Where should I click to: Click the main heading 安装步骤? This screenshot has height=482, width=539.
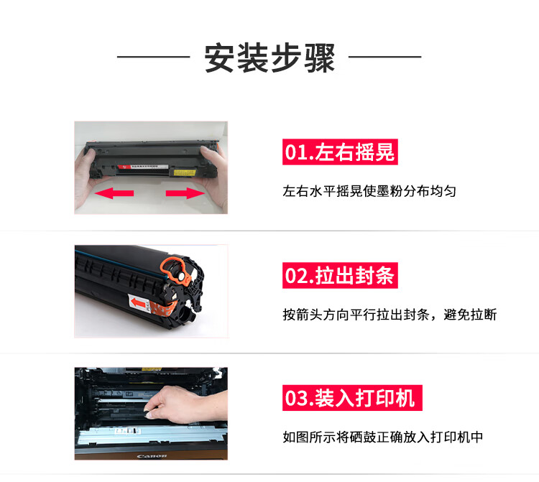point(269,57)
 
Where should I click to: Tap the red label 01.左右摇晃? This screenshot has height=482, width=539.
point(340,152)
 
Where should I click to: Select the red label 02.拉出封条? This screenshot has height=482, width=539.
point(340,276)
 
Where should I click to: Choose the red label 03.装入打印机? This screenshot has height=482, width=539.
point(352,398)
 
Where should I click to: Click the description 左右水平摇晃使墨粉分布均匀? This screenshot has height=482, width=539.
point(369,191)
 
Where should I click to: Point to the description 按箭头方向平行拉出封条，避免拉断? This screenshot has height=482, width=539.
point(390,315)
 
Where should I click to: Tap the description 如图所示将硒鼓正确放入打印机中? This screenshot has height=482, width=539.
point(383,437)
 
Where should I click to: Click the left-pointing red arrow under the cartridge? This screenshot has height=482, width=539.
point(114,193)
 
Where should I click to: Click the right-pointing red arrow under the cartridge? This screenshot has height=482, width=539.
point(185,193)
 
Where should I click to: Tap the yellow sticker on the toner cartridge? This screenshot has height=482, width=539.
point(185,172)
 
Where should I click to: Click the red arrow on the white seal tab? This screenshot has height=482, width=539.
point(138,302)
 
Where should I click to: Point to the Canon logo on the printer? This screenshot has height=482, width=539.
point(152,456)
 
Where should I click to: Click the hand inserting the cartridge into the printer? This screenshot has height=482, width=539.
point(185,404)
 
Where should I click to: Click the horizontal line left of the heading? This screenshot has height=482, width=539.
point(154,57)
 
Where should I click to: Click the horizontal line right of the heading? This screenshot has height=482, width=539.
point(385,57)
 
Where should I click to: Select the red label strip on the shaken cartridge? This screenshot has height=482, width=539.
point(143,167)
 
